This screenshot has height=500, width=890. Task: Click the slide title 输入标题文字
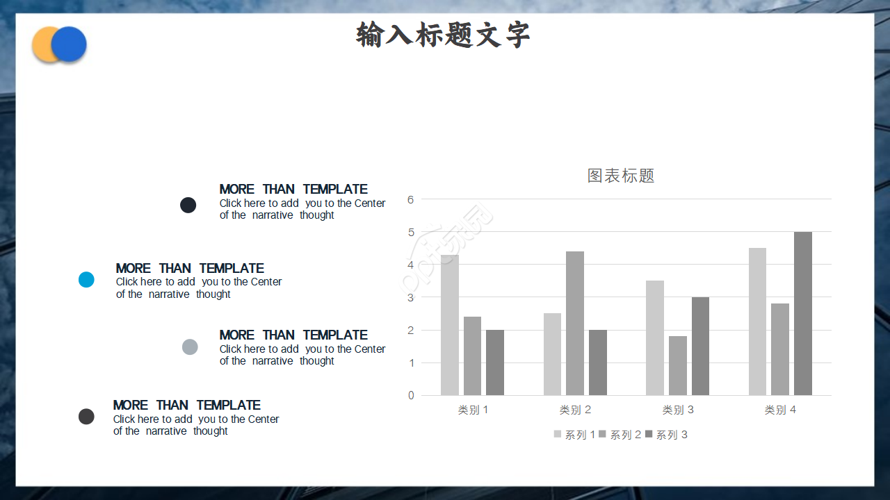click(443, 35)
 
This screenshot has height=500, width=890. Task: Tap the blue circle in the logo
click(70, 44)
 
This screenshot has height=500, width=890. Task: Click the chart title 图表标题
click(621, 176)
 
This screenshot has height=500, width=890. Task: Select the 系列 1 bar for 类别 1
click(450, 325)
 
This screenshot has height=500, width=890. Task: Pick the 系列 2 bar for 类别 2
click(575, 324)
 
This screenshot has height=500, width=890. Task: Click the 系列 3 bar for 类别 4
click(803, 314)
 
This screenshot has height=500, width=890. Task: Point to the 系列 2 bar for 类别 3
click(678, 366)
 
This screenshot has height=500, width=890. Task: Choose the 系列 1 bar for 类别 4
click(757, 322)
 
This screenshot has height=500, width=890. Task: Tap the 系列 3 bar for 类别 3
click(700, 347)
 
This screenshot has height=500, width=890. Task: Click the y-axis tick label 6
click(411, 199)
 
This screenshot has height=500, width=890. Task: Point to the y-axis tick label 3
click(411, 297)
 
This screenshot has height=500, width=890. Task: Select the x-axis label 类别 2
click(576, 410)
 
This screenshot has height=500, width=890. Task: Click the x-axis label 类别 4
click(780, 410)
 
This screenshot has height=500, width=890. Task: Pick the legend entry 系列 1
click(574, 435)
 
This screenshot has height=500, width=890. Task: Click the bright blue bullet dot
click(86, 280)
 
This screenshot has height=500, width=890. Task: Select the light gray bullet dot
click(190, 347)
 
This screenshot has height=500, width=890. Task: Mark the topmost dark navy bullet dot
click(188, 205)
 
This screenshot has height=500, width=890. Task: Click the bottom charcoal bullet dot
click(86, 417)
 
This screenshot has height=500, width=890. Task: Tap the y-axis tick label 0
click(411, 396)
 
